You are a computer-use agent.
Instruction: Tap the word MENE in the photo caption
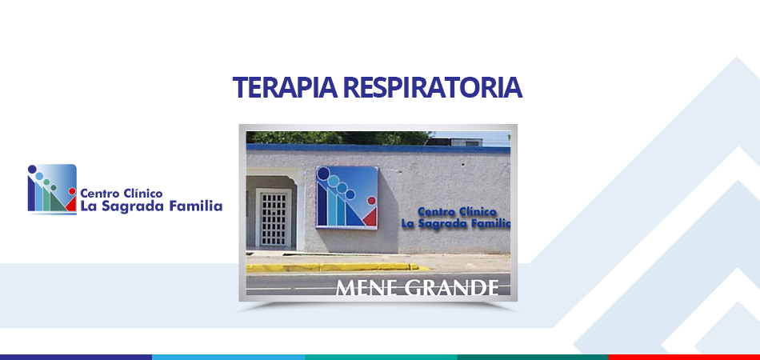[x=367, y=287]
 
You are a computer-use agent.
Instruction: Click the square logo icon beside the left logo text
[x=52, y=189]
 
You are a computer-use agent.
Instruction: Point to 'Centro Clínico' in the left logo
[x=121, y=194]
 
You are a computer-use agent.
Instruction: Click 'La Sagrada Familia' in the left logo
[x=151, y=206]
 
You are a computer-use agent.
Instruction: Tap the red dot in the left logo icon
[x=72, y=191]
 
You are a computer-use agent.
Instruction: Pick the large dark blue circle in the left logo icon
[x=32, y=169]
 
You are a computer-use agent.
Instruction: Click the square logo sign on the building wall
[x=346, y=198]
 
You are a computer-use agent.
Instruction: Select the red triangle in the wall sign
[x=370, y=218]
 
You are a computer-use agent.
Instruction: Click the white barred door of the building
[x=274, y=218]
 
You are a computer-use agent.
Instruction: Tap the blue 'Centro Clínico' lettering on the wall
[x=457, y=212]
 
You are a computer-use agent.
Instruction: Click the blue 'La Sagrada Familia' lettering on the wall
[x=456, y=223]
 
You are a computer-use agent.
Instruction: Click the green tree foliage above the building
[x=339, y=138]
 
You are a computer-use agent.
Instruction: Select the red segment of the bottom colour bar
[x=684, y=357]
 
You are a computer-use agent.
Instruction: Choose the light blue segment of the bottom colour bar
[x=228, y=357]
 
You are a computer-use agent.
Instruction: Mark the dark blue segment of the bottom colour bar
[x=76, y=357]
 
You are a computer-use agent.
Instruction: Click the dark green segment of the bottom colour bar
[x=532, y=357]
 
